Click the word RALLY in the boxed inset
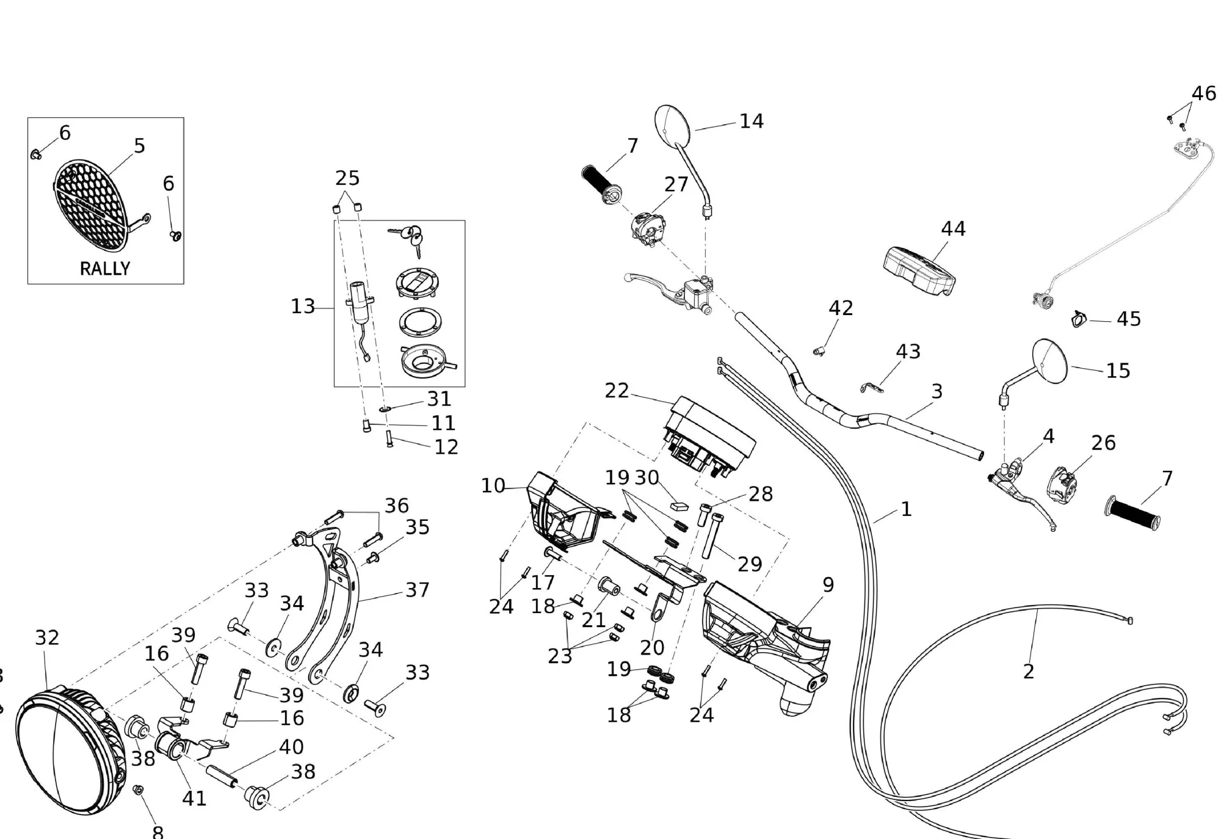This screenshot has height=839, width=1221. [105, 269]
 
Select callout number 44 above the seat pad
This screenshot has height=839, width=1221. [953, 229]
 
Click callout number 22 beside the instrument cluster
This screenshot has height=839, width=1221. [617, 391]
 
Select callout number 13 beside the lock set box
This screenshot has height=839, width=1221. [303, 307]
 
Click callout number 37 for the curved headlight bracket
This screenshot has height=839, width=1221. [418, 590]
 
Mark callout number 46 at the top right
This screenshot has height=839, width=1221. [1204, 93]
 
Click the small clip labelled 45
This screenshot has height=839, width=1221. [1079, 319]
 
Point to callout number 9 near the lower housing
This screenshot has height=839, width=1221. [828, 585]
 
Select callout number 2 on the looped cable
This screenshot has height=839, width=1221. [1029, 672]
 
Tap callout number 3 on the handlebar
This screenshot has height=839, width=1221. [937, 391]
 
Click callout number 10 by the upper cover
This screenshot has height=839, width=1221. [493, 486]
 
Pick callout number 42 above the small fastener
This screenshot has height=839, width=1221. [841, 308]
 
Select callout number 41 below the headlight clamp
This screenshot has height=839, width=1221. [194, 798]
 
